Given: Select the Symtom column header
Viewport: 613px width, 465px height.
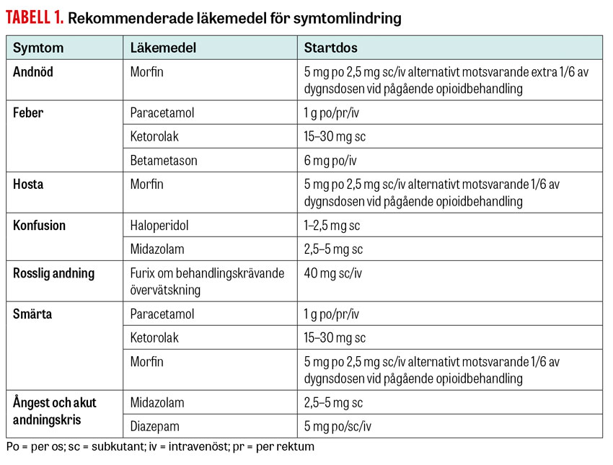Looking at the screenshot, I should point(38,48).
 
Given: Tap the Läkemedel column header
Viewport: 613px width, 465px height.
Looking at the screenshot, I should point(163,48).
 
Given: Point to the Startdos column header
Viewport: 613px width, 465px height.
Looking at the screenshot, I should point(330,48).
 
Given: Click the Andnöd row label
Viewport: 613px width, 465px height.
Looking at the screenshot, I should point(33,72).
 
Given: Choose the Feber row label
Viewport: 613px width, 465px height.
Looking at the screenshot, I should point(28,113).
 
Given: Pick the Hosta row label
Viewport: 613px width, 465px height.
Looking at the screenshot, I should point(28,185).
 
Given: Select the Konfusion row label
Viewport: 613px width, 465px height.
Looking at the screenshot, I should point(39,226).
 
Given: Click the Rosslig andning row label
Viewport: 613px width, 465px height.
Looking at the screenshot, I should point(53,273).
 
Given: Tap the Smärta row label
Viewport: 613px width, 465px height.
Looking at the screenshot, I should point(32,314).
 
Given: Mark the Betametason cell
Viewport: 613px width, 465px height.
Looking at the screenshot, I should point(164,160).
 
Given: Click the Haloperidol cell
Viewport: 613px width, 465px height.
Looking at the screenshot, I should point(159,226).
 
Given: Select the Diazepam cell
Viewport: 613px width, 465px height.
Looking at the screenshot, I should point(154,426).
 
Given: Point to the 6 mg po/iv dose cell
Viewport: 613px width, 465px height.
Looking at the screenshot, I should point(330,160).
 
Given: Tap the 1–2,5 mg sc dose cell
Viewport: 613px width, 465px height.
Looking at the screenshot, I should point(332,226).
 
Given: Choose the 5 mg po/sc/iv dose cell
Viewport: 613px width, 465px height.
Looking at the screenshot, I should point(338,426).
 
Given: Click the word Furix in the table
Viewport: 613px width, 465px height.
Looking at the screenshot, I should point(143,273).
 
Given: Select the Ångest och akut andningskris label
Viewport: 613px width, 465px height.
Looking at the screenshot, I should point(54,411).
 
